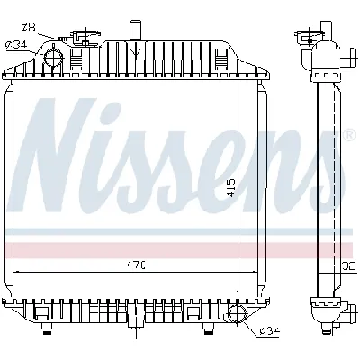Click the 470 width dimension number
pos(136,265)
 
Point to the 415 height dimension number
pos(232,186)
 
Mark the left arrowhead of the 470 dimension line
pos(20,272)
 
